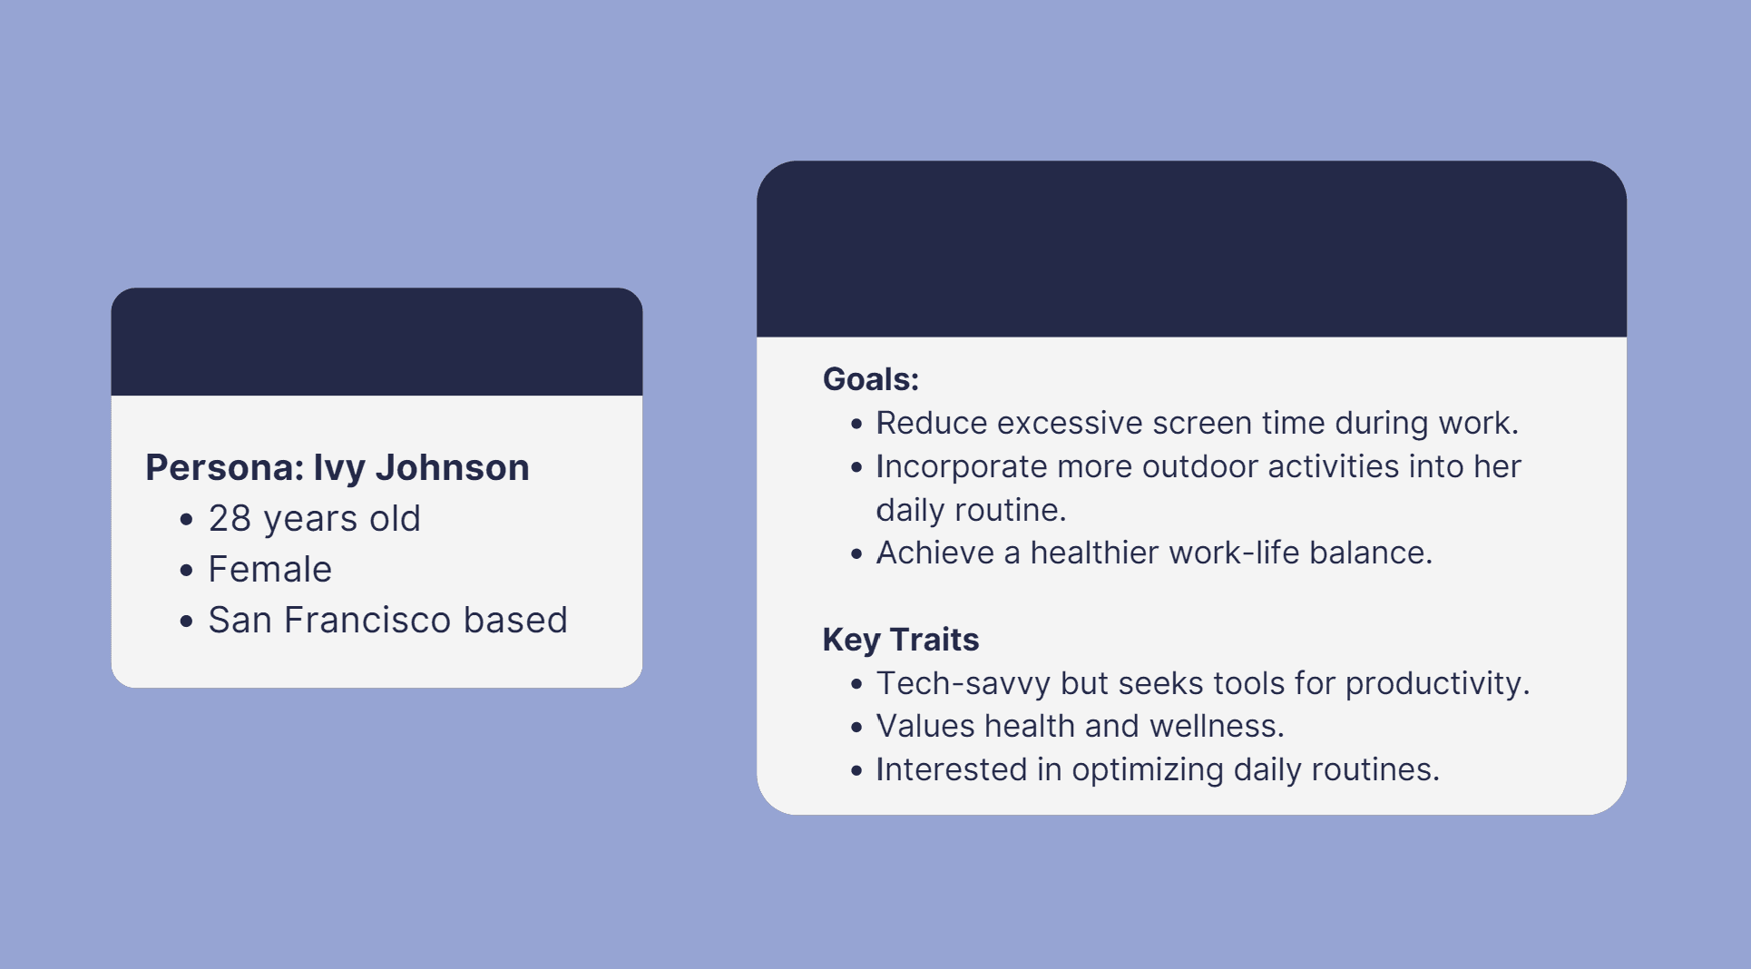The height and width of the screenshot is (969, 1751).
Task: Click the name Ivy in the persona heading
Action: coord(338,468)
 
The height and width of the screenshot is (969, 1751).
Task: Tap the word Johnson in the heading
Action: coord(452,467)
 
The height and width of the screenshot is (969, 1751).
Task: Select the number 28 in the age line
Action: coord(230,519)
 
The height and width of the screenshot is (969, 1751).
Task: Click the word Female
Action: coord(270,570)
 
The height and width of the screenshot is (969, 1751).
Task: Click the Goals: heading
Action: coord(871,379)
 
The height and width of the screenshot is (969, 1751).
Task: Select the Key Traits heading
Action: coord(901,640)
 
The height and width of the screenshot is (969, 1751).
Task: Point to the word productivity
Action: coord(1437,684)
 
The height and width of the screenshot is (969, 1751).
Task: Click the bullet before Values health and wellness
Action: coord(856,728)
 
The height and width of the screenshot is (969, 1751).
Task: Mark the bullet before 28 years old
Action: coord(187,520)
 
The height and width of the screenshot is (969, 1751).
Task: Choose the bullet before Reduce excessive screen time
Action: coord(856,424)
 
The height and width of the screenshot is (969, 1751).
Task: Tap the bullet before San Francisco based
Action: coord(187,622)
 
